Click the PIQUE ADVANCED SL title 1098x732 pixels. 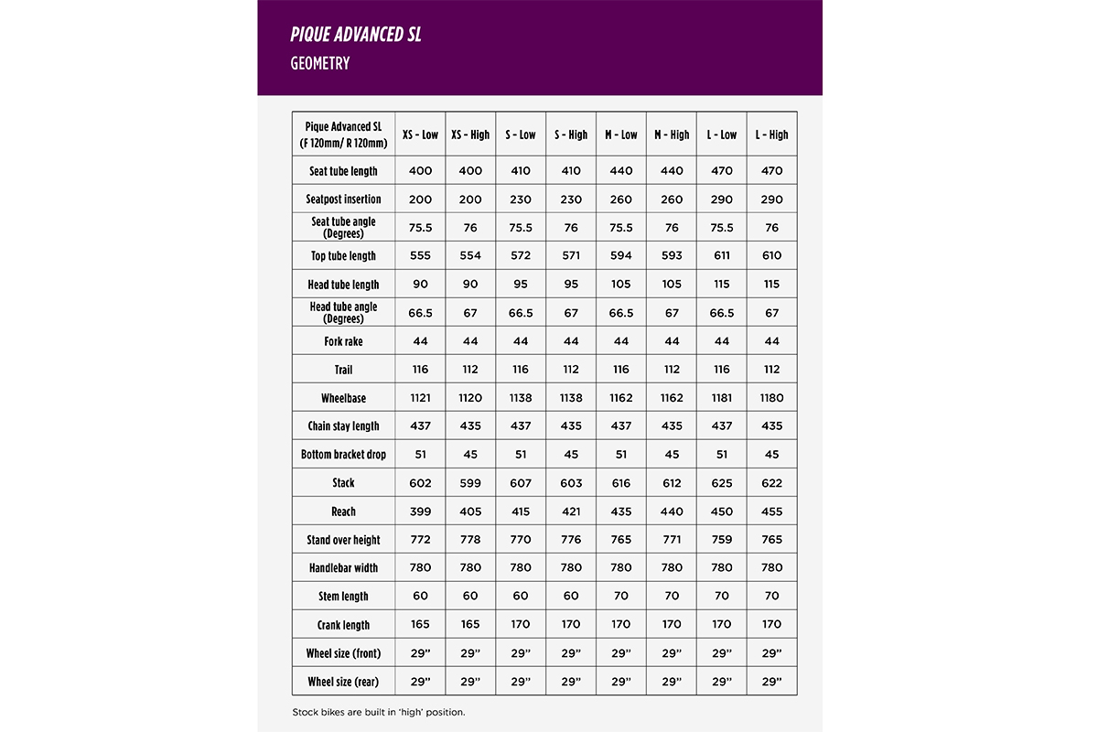coord(356,35)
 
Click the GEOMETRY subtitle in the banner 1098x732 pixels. coord(320,64)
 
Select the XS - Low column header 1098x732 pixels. coord(420,135)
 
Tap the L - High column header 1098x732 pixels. coord(771,135)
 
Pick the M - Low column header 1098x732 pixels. coord(621,135)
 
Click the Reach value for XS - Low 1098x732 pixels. coord(420,511)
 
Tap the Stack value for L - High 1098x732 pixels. coord(771,483)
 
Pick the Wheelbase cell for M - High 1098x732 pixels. coord(672,398)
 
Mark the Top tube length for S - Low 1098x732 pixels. coord(521,256)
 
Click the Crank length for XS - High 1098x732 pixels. coord(470,625)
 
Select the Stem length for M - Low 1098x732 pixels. coord(621,597)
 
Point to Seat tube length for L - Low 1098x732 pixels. coord(722,171)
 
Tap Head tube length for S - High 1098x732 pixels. coord(571,285)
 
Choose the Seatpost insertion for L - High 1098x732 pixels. coord(771,199)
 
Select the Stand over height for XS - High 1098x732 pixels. coord(470,540)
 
